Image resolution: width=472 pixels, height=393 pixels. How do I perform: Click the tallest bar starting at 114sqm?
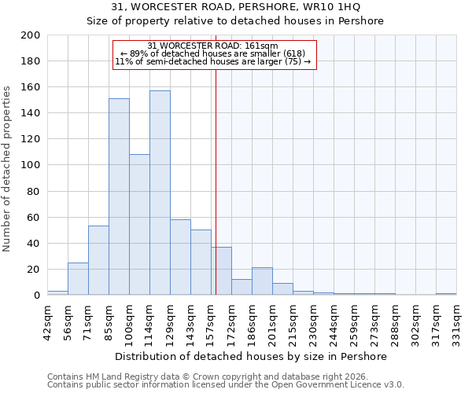(160, 193)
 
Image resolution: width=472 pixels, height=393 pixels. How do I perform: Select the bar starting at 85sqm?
(119, 196)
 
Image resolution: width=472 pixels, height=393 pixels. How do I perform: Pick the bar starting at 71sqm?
(98, 260)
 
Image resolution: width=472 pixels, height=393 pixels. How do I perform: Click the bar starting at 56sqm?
(78, 278)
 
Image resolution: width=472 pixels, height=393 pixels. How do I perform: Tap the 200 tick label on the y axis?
(31, 35)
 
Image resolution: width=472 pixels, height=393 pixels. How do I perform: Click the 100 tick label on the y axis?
(31, 165)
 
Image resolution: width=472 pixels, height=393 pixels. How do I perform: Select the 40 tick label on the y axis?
(34, 243)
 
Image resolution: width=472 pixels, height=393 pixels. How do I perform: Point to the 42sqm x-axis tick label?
(47, 322)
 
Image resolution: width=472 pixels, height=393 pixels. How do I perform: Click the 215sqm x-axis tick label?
(293, 322)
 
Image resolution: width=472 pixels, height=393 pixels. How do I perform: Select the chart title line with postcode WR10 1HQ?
(236, 7)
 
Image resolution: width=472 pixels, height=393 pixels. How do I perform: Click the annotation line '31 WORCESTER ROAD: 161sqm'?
(213, 46)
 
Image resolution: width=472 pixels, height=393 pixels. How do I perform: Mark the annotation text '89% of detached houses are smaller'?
(213, 53)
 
